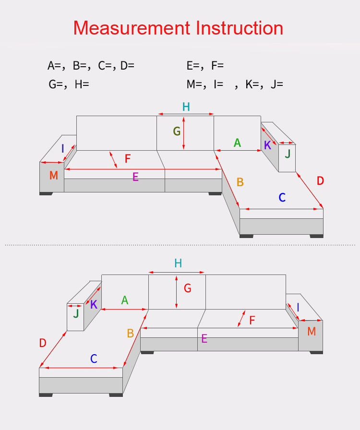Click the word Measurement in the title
coord(132,28)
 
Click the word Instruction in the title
coord(239,28)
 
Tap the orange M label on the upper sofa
coord(53,175)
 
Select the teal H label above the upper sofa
coord(186,107)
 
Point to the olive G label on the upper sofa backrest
coord(177,131)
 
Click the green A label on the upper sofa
coord(237,143)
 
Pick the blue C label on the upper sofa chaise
coord(282,197)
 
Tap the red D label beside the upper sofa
coord(320,181)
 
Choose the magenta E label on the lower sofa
coord(204,339)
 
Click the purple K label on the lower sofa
coord(94,304)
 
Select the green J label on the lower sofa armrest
coord(76,313)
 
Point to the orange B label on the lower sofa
coord(131,333)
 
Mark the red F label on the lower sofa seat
coord(252,320)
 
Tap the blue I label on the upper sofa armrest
coord(62,149)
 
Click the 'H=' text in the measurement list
coord(82,84)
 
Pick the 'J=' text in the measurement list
coord(277,84)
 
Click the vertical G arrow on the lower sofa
coord(177,292)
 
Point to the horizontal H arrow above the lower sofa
coord(177,272)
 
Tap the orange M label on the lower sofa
coord(312,331)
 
